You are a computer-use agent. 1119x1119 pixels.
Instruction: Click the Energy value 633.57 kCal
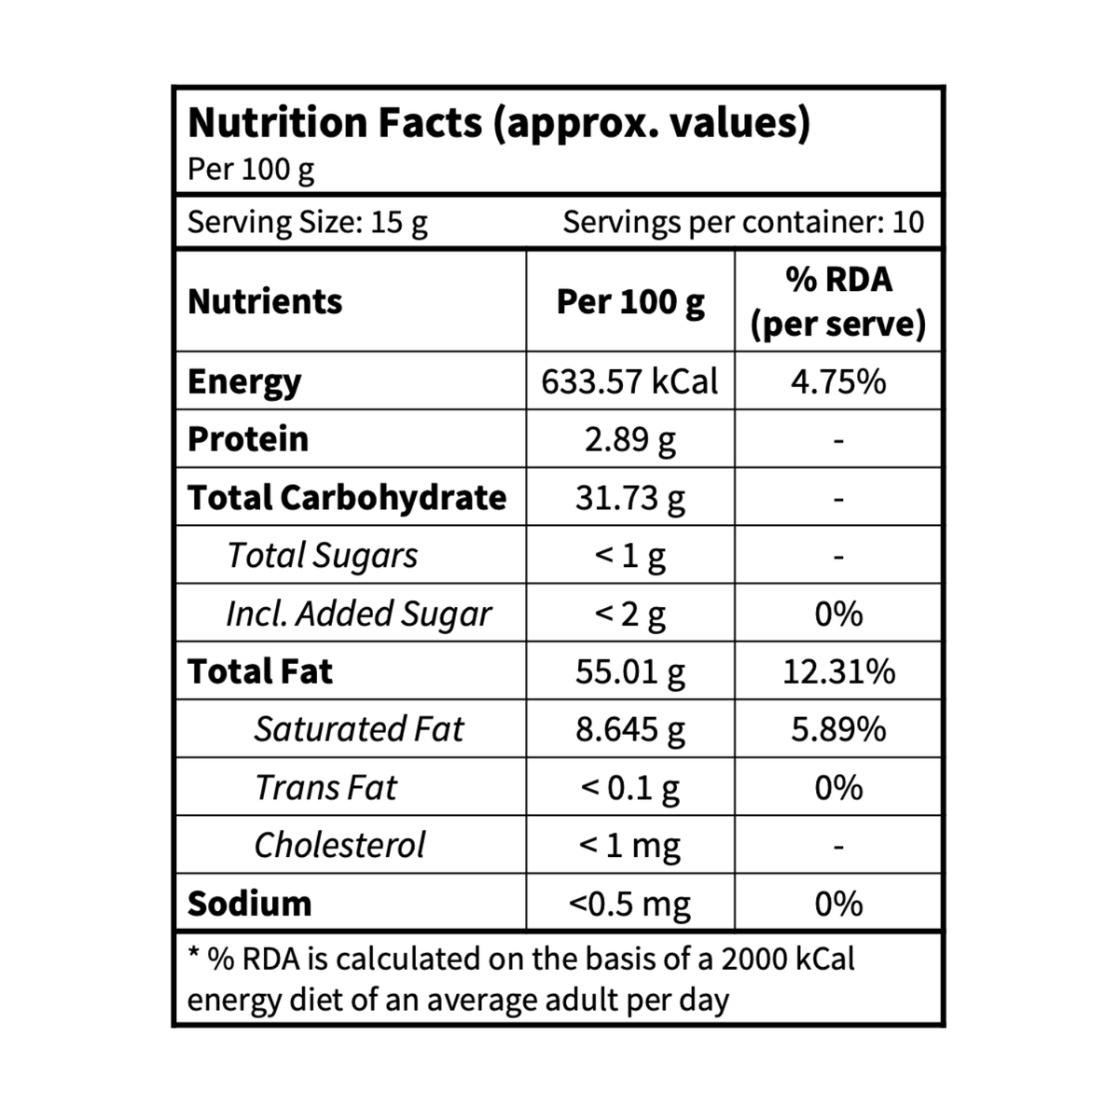tap(629, 381)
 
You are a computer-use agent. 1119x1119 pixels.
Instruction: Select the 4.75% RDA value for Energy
tap(838, 381)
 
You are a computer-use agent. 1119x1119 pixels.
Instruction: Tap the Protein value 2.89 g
tap(629, 440)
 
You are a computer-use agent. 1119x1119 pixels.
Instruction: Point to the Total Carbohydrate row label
tap(347, 498)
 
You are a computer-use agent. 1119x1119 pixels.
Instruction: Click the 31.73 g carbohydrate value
tap(629, 498)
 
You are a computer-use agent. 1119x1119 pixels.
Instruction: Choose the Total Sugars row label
tap(323, 556)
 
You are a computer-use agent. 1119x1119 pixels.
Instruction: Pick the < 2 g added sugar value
tap(629, 615)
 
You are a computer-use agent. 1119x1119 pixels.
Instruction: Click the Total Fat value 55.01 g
tap(629, 671)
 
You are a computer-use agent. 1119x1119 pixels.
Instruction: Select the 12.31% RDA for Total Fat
tap(838, 671)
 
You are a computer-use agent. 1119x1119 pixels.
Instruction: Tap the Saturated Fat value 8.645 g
tap(629, 730)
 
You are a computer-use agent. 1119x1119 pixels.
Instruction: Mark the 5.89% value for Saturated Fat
tap(838, 730)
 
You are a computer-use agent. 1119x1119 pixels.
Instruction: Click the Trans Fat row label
tap(325, 787)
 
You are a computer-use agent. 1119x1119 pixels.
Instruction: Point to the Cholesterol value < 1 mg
tap(629, 846)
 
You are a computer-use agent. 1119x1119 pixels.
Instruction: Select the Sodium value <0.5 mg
tap(629, 905)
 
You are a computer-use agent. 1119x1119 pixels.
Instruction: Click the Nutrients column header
tap(265, 301)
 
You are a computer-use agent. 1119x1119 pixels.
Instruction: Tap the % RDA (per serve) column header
tap(838, 301)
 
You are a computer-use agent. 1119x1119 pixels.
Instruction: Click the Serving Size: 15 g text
tap(307, 223)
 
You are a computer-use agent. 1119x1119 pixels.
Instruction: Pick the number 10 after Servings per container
tap(908, 223)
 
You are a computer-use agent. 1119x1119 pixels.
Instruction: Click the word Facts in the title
tap(430, 122)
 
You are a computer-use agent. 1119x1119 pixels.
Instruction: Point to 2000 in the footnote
tap(753, 960)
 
